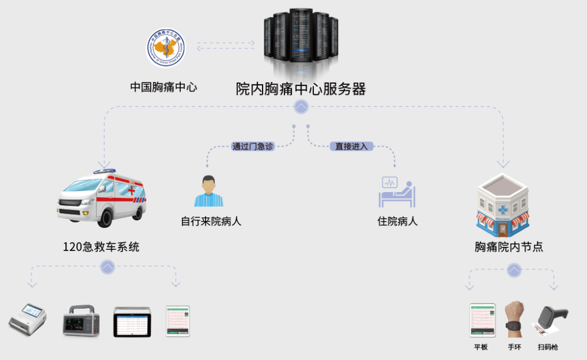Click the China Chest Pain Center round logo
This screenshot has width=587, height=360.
point(165,47)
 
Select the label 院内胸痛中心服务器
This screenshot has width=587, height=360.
point(301,89)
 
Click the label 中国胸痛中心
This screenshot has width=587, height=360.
point(164,87)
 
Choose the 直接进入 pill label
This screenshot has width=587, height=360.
point(351,146)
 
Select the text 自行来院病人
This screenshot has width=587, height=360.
point(211,222)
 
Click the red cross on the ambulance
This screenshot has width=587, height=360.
point(131,190)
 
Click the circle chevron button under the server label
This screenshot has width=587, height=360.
point(301,107)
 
